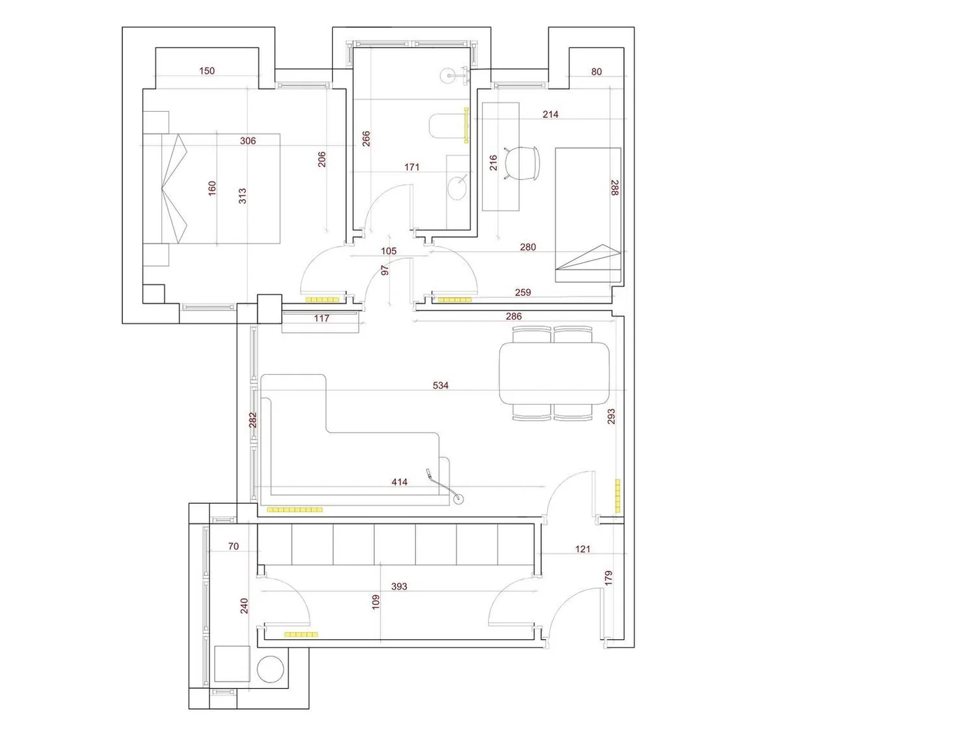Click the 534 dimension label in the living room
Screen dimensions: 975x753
click(440, 385)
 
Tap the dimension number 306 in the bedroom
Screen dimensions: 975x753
click(248, 141)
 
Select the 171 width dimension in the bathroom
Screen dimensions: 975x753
click(412, 167)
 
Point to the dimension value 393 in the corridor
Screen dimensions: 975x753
click(399, 587)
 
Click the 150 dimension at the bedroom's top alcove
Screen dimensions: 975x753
click(207, 71)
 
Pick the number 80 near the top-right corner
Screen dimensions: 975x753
click(596, 72)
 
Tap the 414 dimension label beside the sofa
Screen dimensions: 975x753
click(399, 482)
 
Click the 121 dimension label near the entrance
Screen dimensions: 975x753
click(583, 549)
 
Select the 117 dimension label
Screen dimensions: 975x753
click(322, 318)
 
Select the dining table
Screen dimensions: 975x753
click(554, 373)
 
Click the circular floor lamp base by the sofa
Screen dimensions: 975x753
click(459, 499)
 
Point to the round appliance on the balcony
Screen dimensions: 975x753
click(271, 669)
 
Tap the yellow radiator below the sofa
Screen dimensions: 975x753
click(295, 510)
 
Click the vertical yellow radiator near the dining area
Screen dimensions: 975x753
click(618, 496)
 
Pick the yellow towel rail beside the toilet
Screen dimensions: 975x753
click(466, 125)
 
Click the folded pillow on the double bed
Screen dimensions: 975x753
click(174, 188)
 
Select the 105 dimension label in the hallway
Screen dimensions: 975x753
click(389, 251)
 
